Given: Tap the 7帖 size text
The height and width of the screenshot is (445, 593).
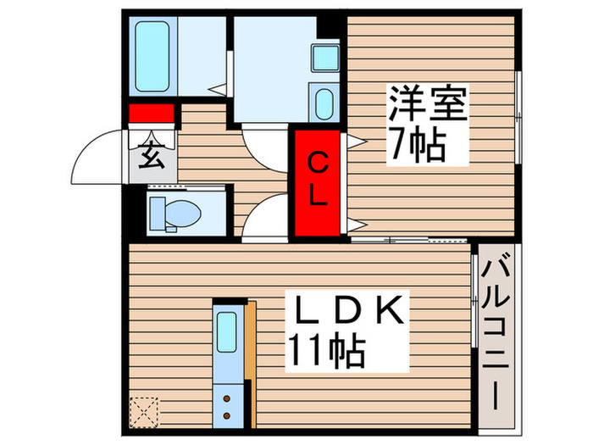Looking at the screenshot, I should coord(417,147).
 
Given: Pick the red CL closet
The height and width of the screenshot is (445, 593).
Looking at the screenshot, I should coord(318,182).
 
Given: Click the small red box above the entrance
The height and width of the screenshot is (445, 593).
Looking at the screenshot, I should coord(151,113).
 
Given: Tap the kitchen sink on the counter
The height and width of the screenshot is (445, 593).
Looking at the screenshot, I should coord(226,329).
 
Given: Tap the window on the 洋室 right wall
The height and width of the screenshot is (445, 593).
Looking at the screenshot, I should coord(518,114).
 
